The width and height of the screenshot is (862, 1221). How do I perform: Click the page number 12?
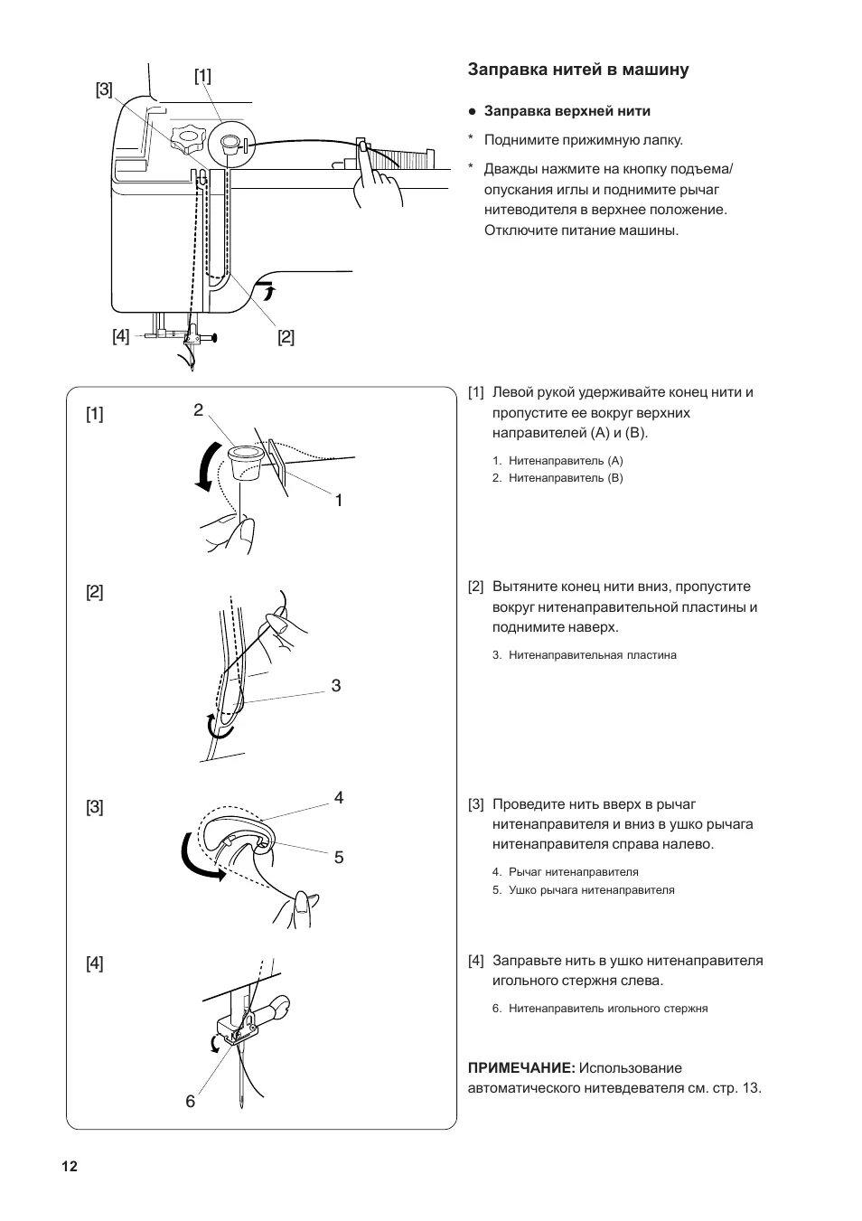[x=70, y=1166]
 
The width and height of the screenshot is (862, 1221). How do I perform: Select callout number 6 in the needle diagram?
[x=191, y=1101]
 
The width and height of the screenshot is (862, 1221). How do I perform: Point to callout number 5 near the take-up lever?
[x=339, y=857]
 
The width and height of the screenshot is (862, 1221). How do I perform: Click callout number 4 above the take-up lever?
[x=339, y=797]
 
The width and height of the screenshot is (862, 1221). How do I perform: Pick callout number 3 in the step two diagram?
[x=336, y=685]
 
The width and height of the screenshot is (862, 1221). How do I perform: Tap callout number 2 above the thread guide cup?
[x=198, y=410]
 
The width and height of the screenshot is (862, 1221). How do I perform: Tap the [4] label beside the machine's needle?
[x=121, y=336]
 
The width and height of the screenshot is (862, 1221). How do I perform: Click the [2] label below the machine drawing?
[x=286, y=337]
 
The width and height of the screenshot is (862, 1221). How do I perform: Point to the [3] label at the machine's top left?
[x=104, y=89]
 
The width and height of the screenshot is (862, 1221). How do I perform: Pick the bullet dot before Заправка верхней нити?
[x=472, y=112]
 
